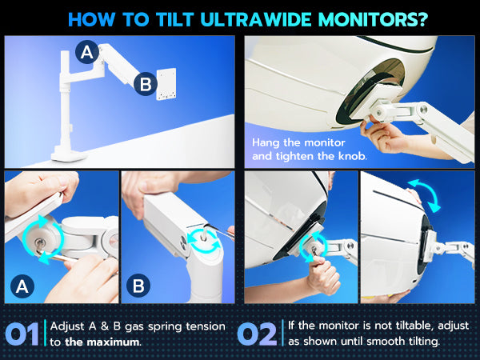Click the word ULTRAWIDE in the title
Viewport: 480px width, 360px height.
[x=257, y=19]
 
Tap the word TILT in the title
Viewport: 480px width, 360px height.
[x=175, y=19]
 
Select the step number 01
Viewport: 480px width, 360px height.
[x=22, y=334]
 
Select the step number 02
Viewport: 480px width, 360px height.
[x=257, y=334]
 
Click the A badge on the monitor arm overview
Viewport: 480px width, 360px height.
[x=87, y=52]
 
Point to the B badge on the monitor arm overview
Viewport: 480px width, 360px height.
[x=146, y=84]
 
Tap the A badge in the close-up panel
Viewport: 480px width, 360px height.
[x=22, y=286]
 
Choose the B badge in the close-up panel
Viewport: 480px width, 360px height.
[x=138, y=286]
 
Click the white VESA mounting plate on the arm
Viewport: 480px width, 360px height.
[x=166, y=84]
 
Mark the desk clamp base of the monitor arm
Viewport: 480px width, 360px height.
[x=69, y=156]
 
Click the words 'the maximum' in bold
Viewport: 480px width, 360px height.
[x=102, y=342]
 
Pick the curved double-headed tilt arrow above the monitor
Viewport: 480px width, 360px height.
[x=425, y=195]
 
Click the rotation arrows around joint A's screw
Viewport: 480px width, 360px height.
[x=43, y=239]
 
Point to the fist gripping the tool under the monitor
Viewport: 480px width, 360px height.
[x=322, y=275]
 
